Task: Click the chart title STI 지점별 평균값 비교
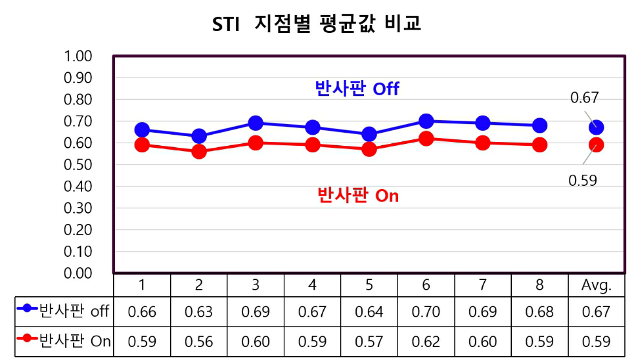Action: point(317,24)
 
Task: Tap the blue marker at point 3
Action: point(256,123)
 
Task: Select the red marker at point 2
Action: point(199,152)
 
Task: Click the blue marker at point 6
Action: point(426,121)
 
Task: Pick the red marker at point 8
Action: point(539,145)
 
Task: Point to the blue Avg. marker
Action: point(596,127)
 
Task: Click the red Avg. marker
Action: point(596,145)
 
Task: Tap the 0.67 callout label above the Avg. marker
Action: point(584,98)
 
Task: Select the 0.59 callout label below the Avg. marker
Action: point(583,180)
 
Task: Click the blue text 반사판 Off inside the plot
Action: point(357,89)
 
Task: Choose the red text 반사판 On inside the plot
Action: point(358,195)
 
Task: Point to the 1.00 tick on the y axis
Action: point(78,56)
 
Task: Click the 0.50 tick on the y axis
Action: point(78,164)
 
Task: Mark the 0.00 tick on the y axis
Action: point(78,273)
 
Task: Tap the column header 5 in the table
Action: point(369,285)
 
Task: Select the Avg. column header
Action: point(596,285)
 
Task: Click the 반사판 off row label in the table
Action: point(64,311)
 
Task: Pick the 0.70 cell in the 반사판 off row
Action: point(426,311)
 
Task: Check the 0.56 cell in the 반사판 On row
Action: point(199,342)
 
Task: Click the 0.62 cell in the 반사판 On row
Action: point(426,342)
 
